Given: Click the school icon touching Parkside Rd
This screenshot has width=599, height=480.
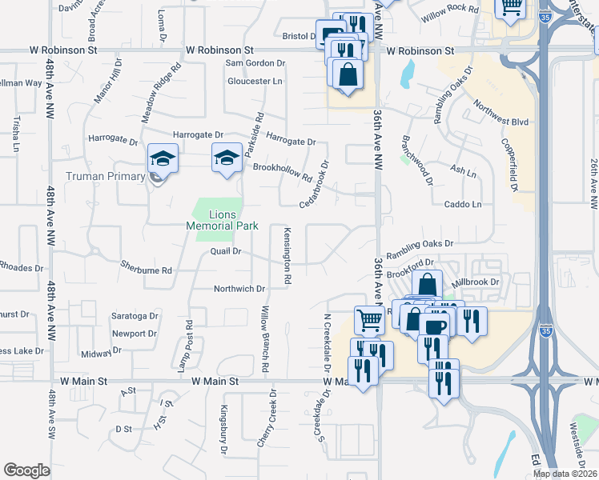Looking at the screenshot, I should click(227, 157).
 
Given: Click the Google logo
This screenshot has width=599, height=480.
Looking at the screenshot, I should click(26, 470).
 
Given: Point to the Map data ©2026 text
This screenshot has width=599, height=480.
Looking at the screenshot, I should click(565, 474).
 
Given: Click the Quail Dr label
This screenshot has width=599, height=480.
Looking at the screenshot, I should click(225, 250).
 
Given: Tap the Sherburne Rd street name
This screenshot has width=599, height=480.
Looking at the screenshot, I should click(146, 270).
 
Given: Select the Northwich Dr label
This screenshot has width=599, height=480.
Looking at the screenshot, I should click(239, 288).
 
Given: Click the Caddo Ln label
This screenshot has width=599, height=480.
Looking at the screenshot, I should click(464, 204).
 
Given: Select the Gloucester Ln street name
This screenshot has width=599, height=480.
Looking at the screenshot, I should click(255, 82).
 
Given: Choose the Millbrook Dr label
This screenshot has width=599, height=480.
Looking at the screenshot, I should click(475, 282).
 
